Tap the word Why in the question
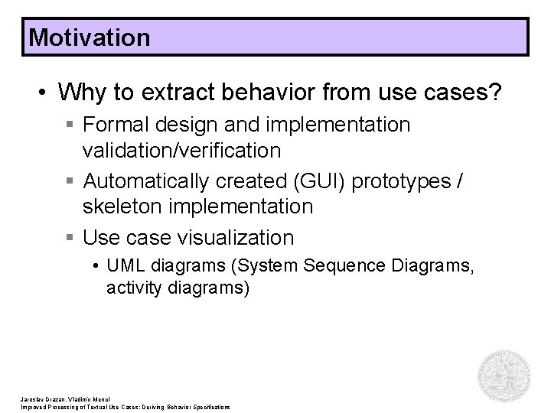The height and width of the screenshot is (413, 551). coord(84,93)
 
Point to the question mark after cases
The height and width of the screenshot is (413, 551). coord(497,93)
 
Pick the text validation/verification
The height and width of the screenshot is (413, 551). coord(181,151)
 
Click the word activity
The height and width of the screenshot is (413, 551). coord(132,290)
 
